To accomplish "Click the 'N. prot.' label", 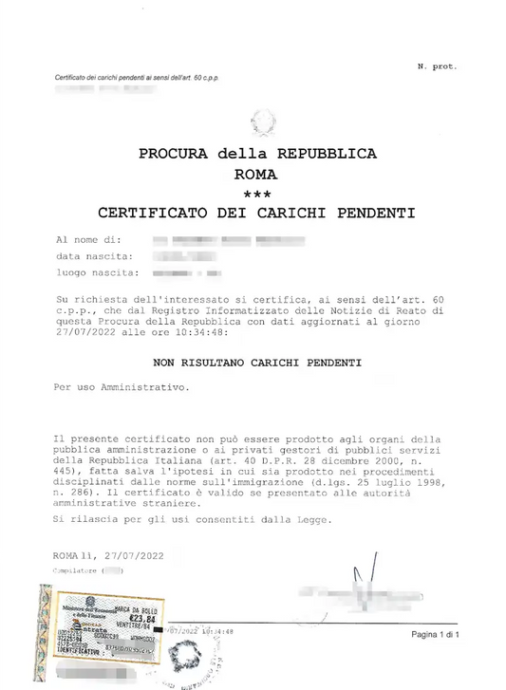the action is coord(437,66).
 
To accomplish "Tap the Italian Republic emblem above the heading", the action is coord(259,122).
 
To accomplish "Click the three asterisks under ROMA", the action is coord(256,194).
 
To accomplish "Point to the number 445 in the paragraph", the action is coord(68,471).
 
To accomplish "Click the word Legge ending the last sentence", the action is coord(310,520).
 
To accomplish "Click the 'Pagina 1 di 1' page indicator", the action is coord(435,633).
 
